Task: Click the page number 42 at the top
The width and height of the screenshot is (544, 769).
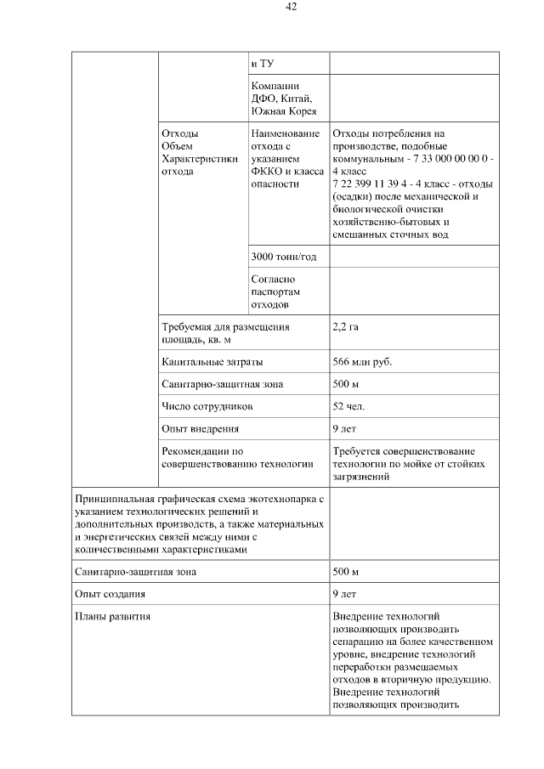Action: pos(291,7)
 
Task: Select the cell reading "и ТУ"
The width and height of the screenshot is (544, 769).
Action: pos(262,64)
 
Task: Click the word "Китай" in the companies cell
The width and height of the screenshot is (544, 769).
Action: pos(296,99)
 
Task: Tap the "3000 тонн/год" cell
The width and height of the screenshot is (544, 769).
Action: pos(285,257)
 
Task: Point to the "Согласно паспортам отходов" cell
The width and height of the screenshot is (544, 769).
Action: pos(273,291)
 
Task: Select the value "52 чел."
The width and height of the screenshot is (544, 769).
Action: pos(349,407)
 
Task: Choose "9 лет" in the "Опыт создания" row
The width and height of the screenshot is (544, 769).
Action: pos(345,594)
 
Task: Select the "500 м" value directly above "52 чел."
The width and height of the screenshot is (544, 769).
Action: pos(346,384)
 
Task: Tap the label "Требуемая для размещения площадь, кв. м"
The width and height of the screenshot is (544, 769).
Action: pos(225,333)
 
